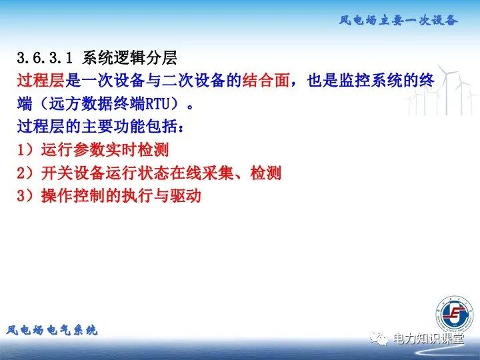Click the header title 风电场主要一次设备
(398, 20)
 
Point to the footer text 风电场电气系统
(52, 329)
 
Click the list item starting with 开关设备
(161, 173)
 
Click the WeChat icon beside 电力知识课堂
(380, 339)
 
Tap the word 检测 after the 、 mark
(266, 173)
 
